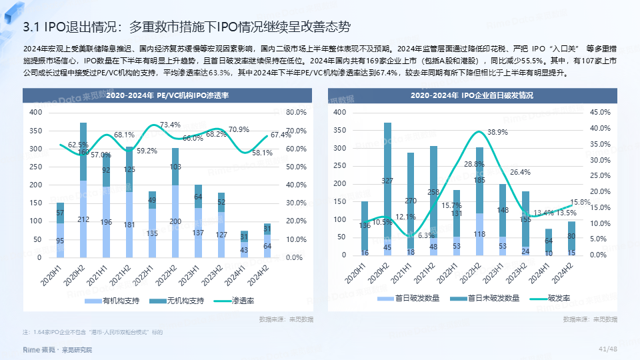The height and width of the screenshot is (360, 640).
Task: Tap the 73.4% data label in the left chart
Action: [x=170, y=125]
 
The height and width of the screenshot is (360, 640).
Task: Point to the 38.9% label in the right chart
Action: [x=497, y=132]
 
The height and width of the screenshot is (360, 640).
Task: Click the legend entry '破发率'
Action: [x=558, y=298]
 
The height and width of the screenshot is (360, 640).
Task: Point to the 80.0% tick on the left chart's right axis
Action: [x=296, y=113]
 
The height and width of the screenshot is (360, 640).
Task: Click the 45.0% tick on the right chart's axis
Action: [x=600, y=113]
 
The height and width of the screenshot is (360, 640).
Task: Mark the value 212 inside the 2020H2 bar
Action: [x=83, y=219]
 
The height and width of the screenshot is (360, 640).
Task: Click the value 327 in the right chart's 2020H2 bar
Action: [x=387, y=181]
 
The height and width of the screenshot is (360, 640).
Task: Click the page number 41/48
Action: [x=608, y=349]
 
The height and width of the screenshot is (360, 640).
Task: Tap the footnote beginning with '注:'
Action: [x=93, y=331]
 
